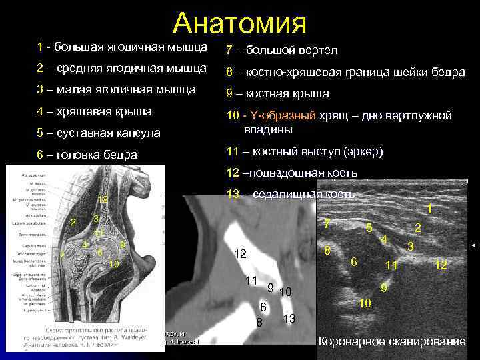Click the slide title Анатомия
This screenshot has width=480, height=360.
[x=239, y=23]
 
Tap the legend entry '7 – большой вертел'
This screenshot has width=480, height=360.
[x=282, y=51]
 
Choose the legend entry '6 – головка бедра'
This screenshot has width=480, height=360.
[x=87, y=155]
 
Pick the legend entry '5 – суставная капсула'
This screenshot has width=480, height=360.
[x=99, y=133]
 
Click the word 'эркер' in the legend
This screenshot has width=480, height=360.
[x=365, y=151]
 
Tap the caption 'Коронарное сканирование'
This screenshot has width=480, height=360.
[x=392, y=341]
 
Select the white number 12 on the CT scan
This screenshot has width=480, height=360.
[x=239, y=254]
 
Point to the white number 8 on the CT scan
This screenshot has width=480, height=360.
[x=259, y=323]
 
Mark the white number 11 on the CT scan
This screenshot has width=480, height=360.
[x=251, y=280]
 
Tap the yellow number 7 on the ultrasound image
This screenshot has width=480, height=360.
[x=326, y=223]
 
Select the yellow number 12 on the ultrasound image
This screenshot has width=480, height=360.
[x=440, y=265]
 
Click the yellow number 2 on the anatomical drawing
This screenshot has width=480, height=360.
[x=73, y=222]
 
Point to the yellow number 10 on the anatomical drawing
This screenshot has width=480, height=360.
[x=114, y=265]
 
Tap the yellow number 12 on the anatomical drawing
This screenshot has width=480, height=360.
[x=103, y=199]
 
